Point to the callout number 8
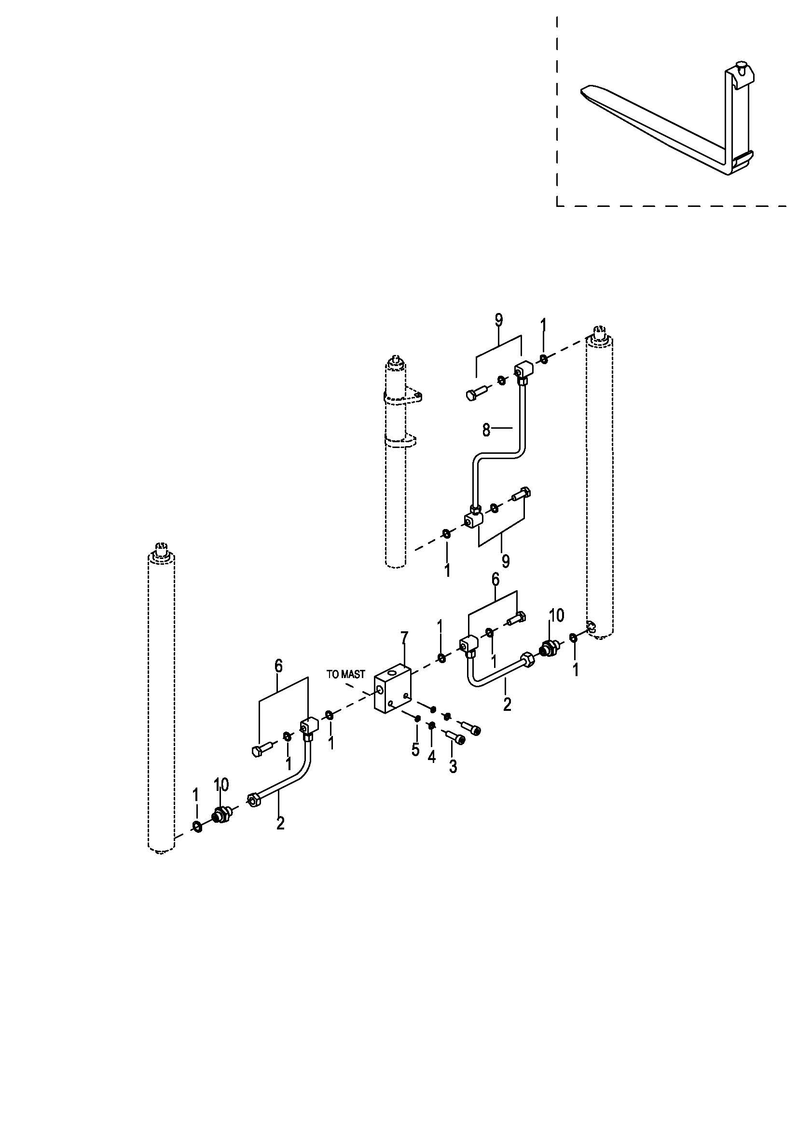pyautogui.click(x=486, y=430)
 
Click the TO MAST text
pyautogui.click(x=346, y=675)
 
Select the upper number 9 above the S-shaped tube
pyautogui.click(x=499, y=320)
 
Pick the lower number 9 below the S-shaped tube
pyautogui.click(x=506, y=560)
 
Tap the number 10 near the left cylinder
pyautogui.click(x=221, y=785)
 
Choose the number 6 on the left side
pyautogui.click(x=278, y=666)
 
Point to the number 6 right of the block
pyautogui.click(x=495, y=580)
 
